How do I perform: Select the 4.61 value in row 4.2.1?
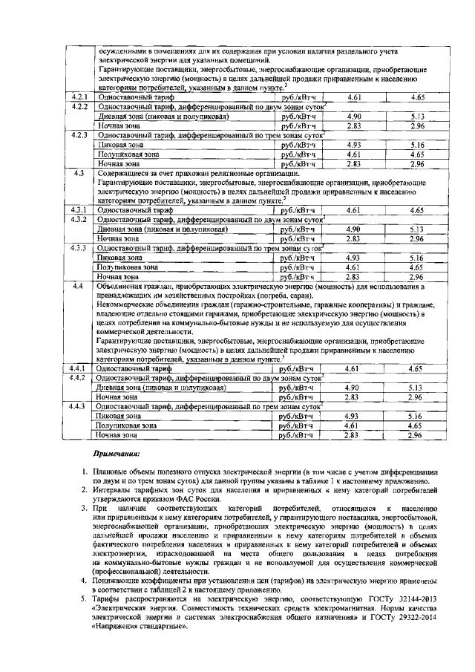pos(356,97)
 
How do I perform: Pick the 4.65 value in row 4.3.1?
pos(416,210)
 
